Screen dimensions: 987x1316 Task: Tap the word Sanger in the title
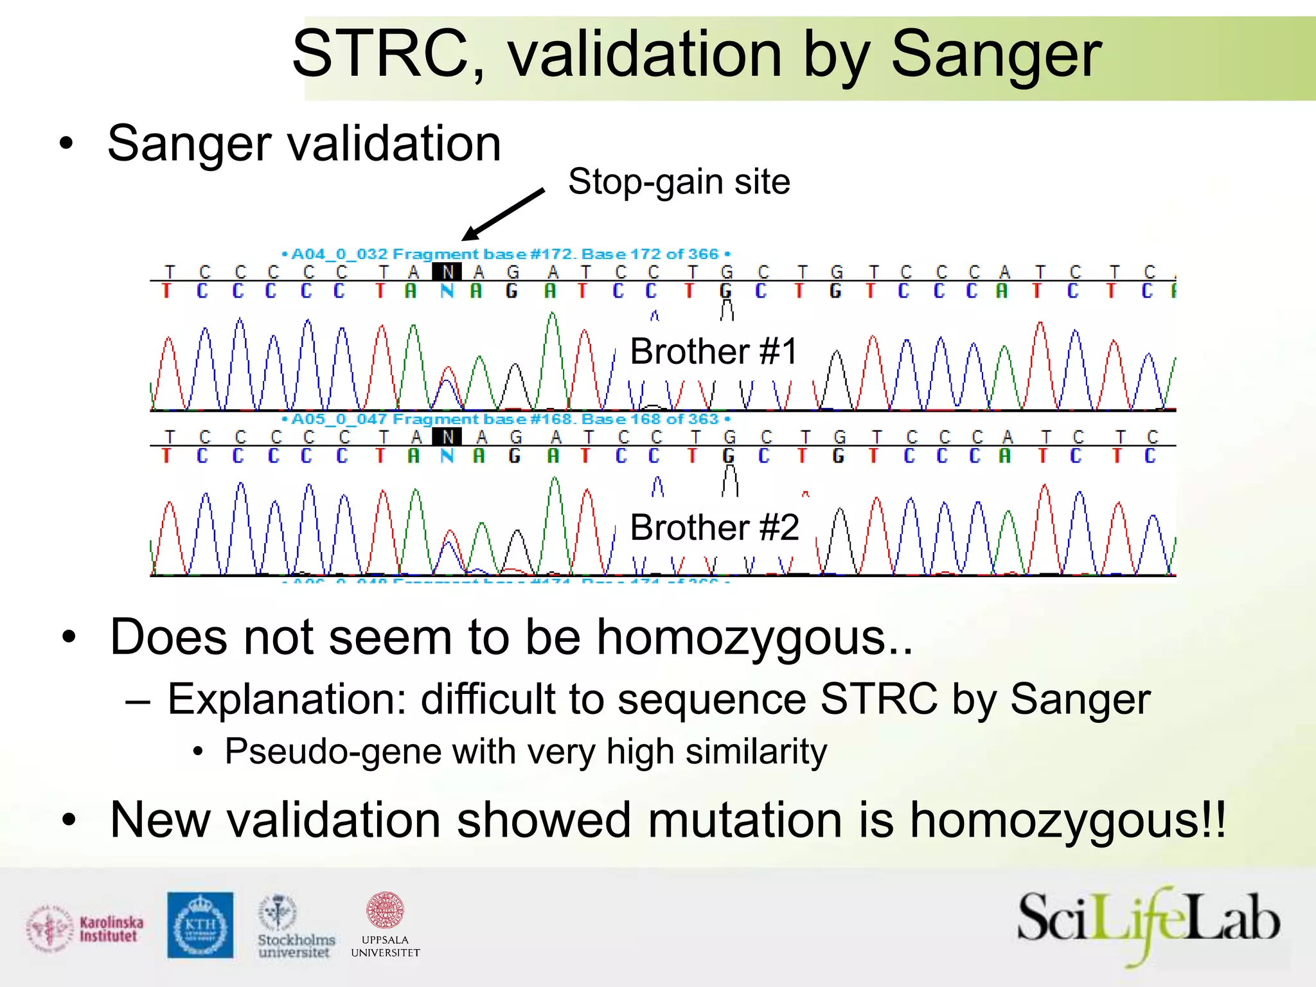(995, 54)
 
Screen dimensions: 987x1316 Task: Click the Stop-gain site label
(679, 182)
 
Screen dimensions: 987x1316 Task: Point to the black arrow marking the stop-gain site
(504, 214)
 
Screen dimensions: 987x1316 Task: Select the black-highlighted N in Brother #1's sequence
(447, 272)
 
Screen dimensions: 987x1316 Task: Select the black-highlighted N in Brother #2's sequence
(447, 438)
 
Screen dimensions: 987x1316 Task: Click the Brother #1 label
(713, 351)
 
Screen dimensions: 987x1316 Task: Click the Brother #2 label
(714, 528)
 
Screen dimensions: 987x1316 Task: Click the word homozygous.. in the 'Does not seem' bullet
(754, 637)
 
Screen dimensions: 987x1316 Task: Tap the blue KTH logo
(200, 925)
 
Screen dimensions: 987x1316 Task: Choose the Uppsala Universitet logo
(385, 925)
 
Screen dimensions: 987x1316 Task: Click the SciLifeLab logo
(1148, 923)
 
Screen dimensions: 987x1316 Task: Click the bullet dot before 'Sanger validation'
(66, 144)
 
